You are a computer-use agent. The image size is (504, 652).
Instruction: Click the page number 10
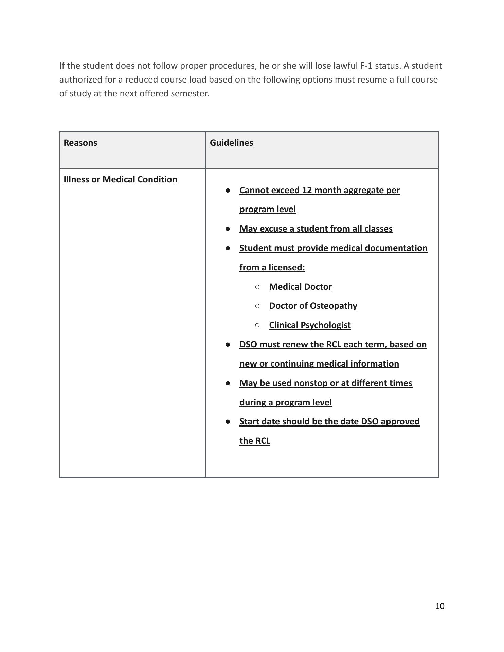coord(440,606)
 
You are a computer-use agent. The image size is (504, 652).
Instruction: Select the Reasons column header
coord(80,143)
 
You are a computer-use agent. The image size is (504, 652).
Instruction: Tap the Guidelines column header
coord(231,143)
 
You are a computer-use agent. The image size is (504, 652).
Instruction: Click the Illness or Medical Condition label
coord(120,179)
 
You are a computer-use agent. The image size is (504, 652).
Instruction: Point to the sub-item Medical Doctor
coord(300,287)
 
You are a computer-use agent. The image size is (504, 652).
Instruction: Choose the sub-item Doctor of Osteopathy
coord(313,306)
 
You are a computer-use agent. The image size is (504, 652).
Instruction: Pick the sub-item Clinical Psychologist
coord(310,325)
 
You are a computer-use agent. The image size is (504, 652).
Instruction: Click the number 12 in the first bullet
coord(307,190)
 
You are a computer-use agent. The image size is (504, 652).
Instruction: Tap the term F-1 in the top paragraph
coord(366,66)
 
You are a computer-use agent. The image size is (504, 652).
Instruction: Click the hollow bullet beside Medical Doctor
coord(257,287)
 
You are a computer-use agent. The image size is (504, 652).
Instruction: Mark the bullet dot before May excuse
coord(228,229)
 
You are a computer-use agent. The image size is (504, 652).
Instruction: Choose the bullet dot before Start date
coord(228,421)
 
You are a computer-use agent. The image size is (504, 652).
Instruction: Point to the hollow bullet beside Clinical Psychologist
coord(257,325)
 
